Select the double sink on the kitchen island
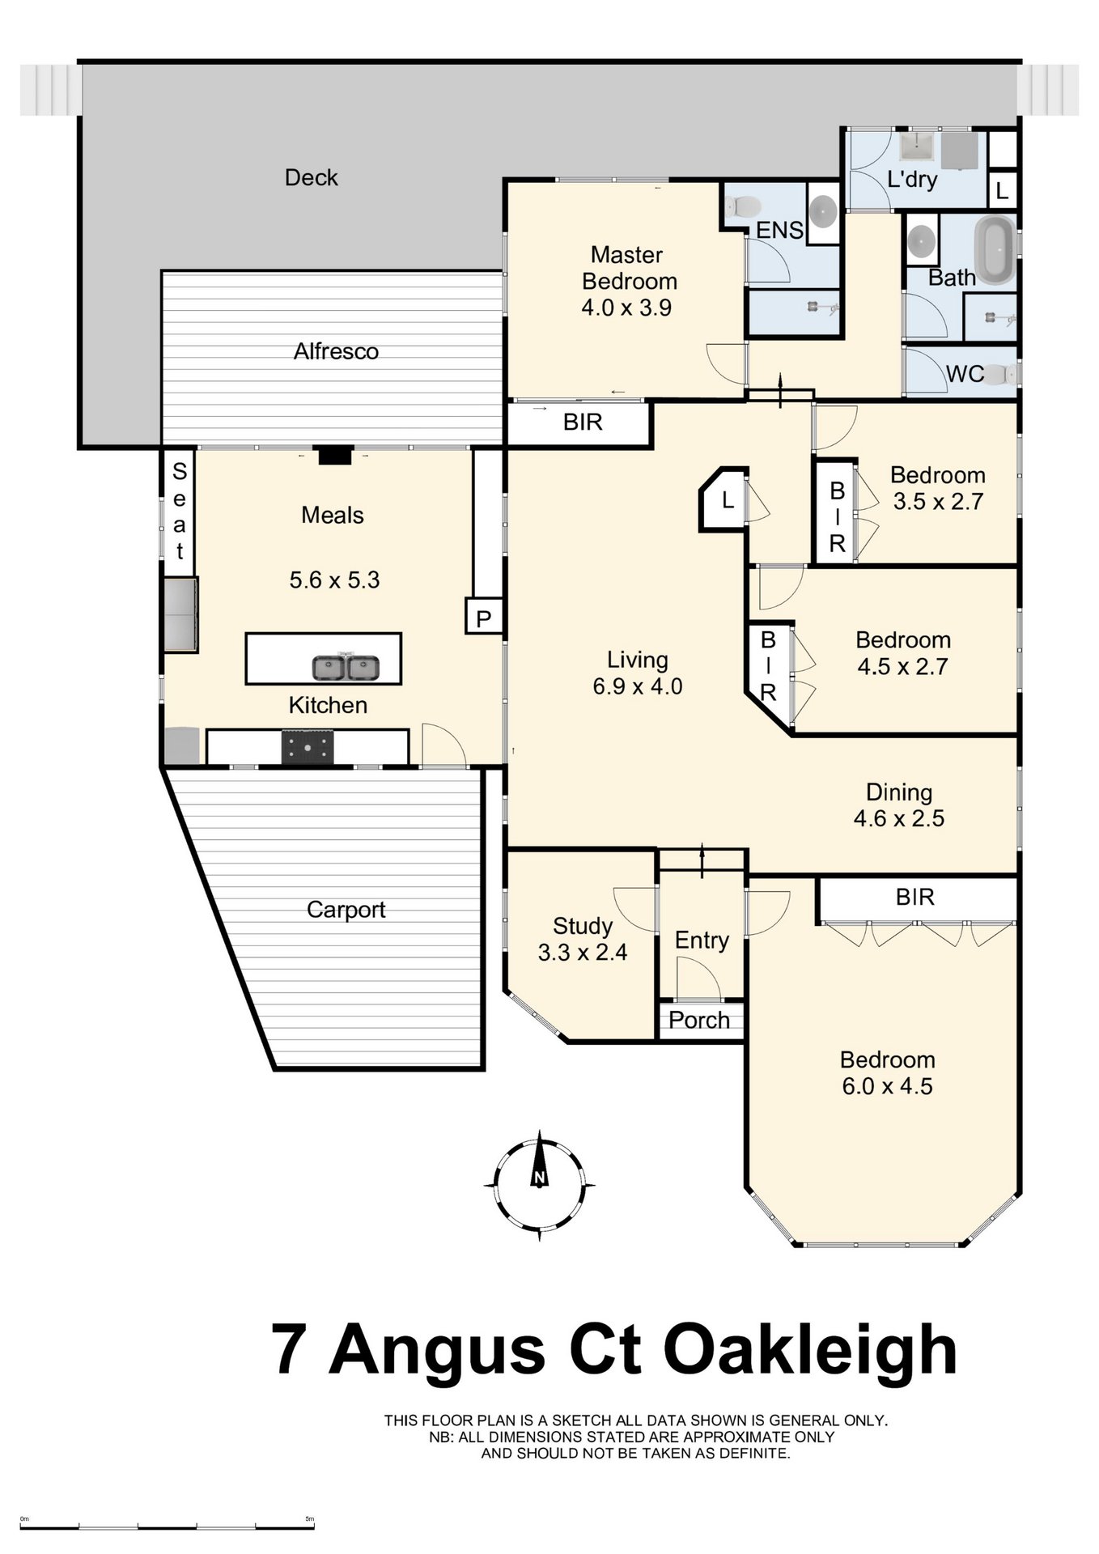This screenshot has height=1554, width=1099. pos(346,669)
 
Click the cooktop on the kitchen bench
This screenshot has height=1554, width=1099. pos(307,747)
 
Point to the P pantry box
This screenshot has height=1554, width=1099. pos(483,619)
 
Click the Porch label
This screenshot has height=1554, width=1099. pos(699,1020)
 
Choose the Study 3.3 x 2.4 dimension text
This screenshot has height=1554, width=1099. pos(583,953)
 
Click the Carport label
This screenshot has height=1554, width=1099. pos(346,910)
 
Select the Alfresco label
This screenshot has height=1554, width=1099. pos(336,351)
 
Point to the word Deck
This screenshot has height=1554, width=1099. pos(312,177)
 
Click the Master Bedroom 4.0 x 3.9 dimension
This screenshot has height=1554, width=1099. pos(626,308)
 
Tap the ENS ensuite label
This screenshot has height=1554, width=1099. pos(779,230)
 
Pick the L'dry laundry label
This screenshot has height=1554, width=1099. pos(912,179)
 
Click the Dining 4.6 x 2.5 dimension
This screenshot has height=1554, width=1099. pos(899,818)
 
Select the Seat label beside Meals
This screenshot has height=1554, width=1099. pos(180,511)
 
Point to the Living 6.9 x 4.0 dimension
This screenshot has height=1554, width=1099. pos(638,686)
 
